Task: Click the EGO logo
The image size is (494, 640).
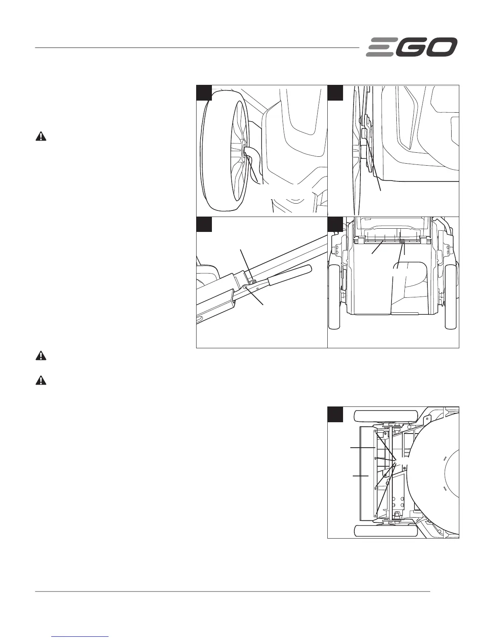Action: (412, 47)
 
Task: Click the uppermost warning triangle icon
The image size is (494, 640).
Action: (41, 137)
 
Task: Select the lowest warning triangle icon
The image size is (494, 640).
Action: (41, 381)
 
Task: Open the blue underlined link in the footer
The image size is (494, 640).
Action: (80, 637)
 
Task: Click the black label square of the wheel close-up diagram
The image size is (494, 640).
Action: (204, 93)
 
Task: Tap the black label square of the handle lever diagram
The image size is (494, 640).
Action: (204, 224)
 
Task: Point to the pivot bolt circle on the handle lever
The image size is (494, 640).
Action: (245, 287)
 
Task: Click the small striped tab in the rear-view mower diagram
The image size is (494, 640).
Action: (402, 241)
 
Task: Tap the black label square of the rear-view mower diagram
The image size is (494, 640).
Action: (335, 224)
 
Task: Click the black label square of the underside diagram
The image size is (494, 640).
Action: (335, 414)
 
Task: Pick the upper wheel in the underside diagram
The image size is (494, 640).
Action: (385, 417)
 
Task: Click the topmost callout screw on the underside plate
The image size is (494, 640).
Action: (376, 433)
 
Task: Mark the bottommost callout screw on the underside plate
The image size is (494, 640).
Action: (376, 514)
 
